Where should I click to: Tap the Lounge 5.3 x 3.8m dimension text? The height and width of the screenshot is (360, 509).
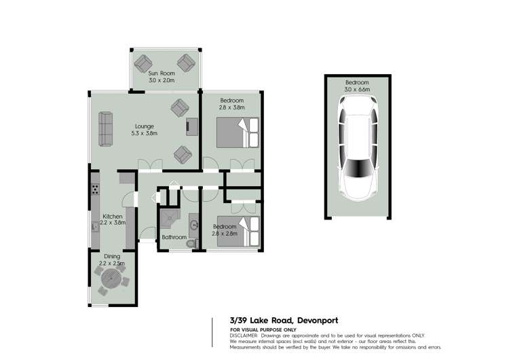pyautogui.click(x=144, y=134)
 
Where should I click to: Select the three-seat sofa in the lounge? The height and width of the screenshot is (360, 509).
pyautogui.click(x=106, y=130)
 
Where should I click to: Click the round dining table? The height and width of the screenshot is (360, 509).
pyautogui.click(x=112, y=278)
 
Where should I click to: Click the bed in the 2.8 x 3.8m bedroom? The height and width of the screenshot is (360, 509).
pyautogui.click(x=238, y=132)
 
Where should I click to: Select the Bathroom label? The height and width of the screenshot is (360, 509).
pyautogui.click(x=174, y=237)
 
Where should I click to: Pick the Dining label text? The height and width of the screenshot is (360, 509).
pyautogui.click(x=112, y=256)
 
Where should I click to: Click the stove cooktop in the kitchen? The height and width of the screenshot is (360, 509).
pyautogui.click(x=96, y=190)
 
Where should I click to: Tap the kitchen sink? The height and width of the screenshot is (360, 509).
pyautogui.click(x=96, y=226)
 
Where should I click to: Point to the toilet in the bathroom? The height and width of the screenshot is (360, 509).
pyautogui.click(x=191, y=241)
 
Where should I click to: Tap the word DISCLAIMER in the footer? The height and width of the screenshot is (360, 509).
pyautogui.click(x=243, y=335)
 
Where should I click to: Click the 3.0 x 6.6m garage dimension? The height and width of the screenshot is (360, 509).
pyautogui.click(x=357, y=89)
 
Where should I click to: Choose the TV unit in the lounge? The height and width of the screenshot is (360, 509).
pyautogui.click(x=192, y=126)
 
